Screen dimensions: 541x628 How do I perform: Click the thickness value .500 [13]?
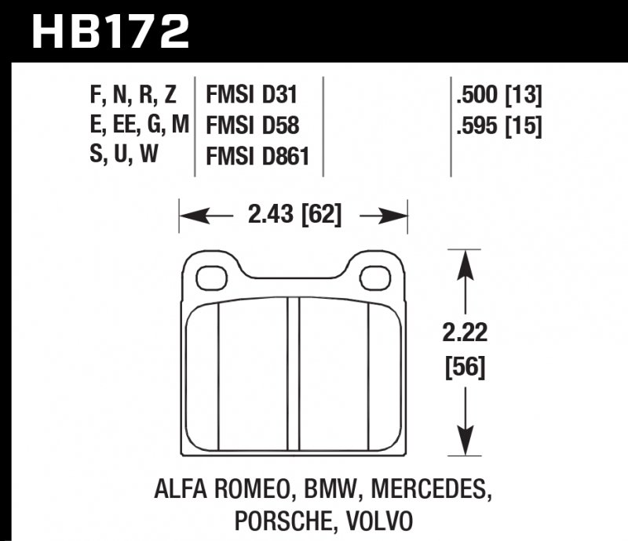(498, 96)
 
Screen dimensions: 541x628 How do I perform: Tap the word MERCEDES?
(427, 492)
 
